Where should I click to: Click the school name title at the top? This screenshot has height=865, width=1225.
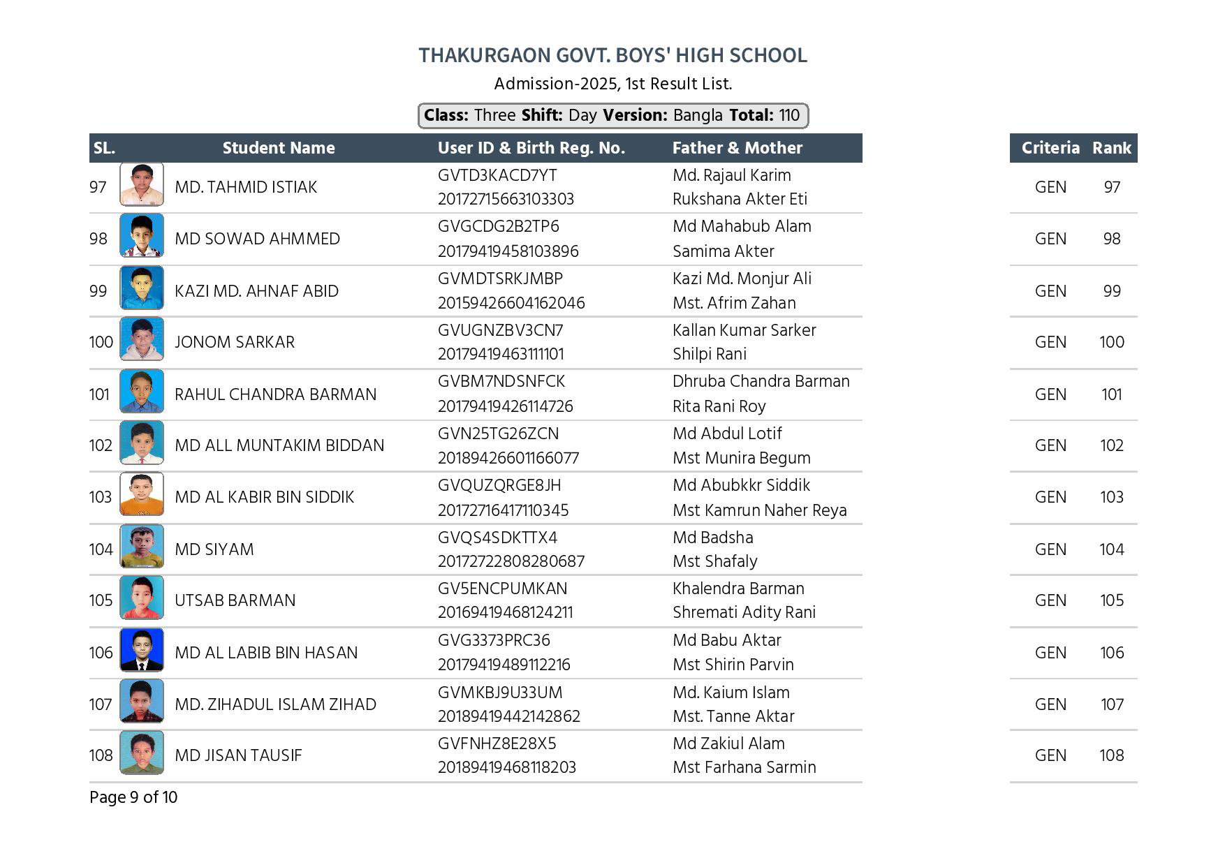pos(612,55)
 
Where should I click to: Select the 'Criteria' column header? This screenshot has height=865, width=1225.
pos(1050,148)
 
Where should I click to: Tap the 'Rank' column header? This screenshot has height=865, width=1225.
pos(1111,148)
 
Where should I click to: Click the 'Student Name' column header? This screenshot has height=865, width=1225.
pos(278,148)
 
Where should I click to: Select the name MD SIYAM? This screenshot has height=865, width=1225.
pos(214,549)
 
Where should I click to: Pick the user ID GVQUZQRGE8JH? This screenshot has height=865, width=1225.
pos(499,485)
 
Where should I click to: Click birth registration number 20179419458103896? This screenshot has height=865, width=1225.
pos(508,251)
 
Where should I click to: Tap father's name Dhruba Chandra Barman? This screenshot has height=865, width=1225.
pos(761,381)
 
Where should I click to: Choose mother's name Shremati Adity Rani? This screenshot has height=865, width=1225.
pos(744,612)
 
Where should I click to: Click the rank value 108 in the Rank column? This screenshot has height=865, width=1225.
pos(1111,755)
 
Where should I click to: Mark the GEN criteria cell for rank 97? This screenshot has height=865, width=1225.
pos(1050,187)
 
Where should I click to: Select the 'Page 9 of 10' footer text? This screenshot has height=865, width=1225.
pos(133,797)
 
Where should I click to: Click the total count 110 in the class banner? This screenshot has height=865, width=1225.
pos(789,115)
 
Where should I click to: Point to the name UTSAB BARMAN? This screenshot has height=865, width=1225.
pos(235,600)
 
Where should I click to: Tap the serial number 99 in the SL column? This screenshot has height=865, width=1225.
pos(98,291)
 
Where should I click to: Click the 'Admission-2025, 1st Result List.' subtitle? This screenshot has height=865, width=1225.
pos(612,84)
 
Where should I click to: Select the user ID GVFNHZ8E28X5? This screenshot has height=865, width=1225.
pos(497,744)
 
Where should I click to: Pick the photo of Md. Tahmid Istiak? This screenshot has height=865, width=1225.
pos(142,184)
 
